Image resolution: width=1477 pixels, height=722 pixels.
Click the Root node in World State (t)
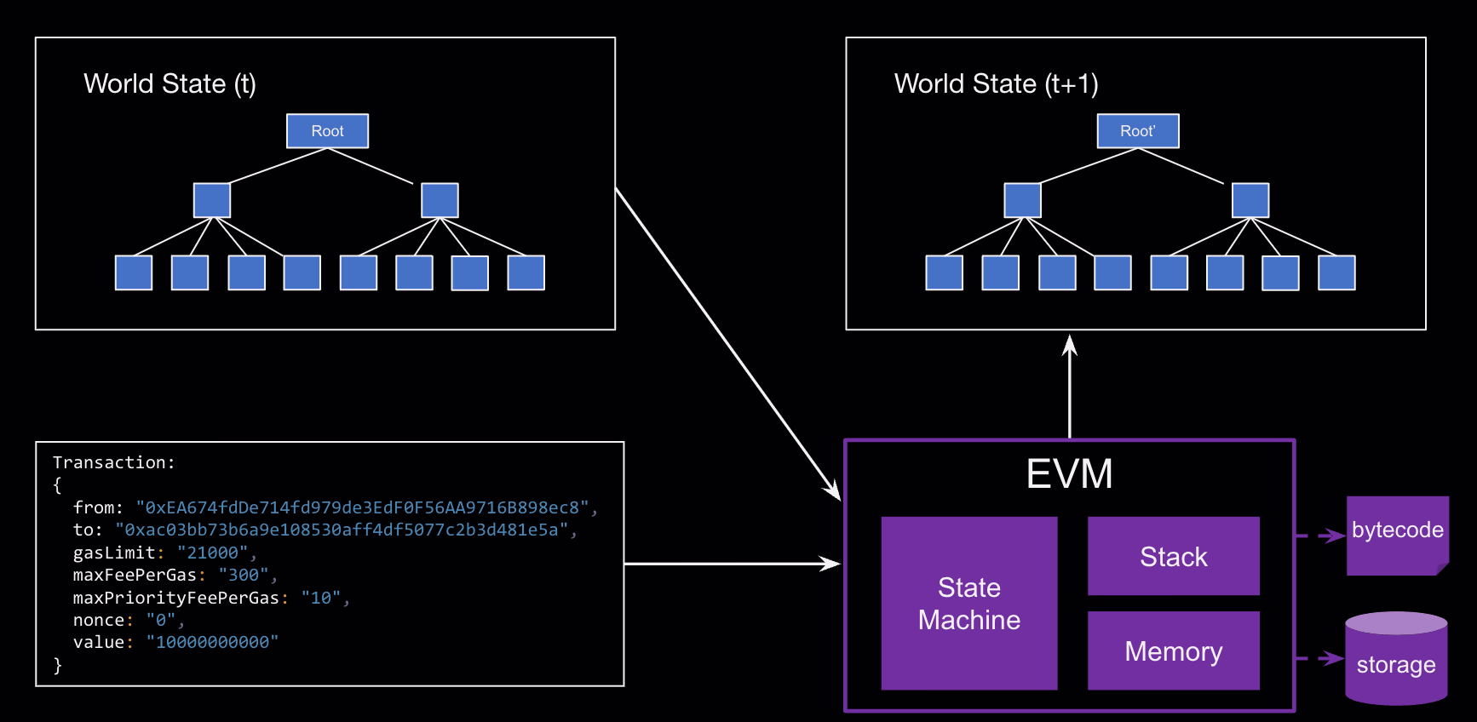point(327,131)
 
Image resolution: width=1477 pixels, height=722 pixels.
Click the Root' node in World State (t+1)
point(1138,131)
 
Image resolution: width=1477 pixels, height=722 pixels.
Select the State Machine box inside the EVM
point(969,603)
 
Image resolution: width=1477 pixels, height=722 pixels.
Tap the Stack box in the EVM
point(1174,556)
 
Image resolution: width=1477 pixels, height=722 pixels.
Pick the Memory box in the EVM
point(1174,650)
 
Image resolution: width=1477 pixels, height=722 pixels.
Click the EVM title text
point(1069,474)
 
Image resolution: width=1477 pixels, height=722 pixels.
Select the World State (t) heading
point(170,83)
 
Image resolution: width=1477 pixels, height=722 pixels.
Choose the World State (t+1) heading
point(996,83)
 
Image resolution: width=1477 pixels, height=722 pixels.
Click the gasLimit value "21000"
point(212,553)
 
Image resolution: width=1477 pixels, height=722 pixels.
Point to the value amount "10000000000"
point(212,642)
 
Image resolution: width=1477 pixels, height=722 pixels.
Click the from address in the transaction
point(362,507)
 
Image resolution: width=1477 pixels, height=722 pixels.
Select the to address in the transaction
point(342,530)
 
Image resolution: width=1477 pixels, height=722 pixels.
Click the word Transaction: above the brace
point(113,462)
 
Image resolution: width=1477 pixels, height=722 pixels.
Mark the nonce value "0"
point(161,620)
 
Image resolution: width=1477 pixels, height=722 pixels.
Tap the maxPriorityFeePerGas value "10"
point(320,598)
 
